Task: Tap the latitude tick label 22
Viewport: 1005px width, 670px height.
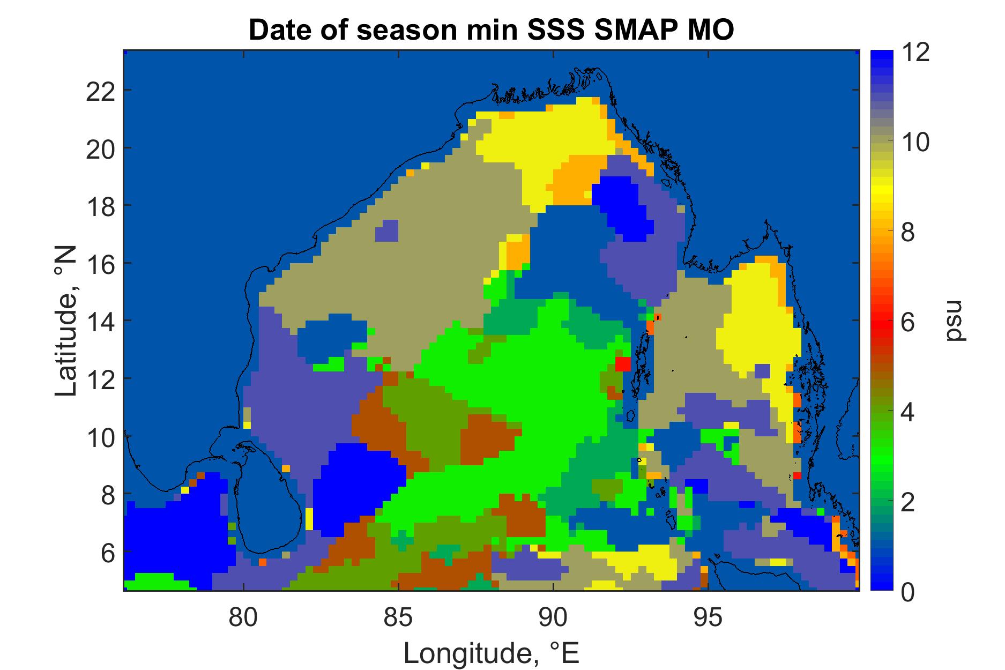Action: click(100, 91)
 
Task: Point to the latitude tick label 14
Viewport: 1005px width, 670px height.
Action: click(100, 321)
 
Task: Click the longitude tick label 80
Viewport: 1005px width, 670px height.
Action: click(243, 619)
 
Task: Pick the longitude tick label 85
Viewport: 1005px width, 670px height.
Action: click(399, 619)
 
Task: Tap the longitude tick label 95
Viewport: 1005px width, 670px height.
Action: click(709, 619)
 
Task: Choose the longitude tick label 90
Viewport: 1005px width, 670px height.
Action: click(554, 619)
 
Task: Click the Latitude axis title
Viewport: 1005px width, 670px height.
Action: click(66, 321)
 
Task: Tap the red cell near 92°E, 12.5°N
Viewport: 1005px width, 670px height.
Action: click(622, 364)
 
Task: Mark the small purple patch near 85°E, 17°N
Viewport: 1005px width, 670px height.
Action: click(387, 231)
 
